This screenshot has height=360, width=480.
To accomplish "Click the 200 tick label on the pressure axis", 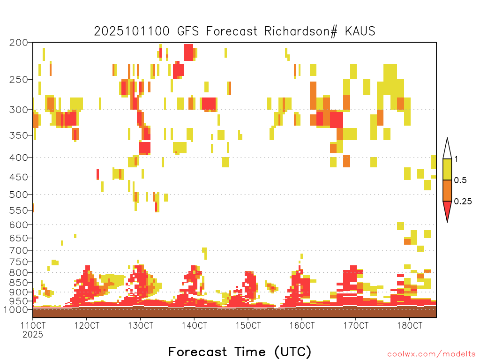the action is point(19,43).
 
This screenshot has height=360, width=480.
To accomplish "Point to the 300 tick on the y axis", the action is point(19,110).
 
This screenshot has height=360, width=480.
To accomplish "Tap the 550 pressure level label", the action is point(19,210).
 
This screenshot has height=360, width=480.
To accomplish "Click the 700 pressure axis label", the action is point(19,250).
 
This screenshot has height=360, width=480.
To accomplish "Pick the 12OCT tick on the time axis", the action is point(87,325).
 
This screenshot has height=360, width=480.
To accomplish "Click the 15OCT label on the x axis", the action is point(248,325).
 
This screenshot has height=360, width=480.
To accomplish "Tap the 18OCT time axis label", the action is point(410,325).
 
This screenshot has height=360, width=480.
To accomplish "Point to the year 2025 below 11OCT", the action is point(33,334).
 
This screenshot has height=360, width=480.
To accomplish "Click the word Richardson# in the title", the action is point(301,31).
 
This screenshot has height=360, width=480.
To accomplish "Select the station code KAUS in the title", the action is point(360,31).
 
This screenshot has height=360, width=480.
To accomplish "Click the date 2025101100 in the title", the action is point(132,31).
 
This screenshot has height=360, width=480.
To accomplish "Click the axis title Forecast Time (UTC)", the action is point(240,352).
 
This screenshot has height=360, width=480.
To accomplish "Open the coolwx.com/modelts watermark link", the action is point(431,354).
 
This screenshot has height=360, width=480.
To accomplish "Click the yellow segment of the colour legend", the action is point(447,169).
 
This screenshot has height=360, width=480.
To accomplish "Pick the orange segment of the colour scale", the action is point(447,190).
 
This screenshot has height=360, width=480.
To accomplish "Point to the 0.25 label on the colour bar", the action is point(463,202).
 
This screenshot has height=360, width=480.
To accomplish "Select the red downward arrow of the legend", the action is point(447,210).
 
